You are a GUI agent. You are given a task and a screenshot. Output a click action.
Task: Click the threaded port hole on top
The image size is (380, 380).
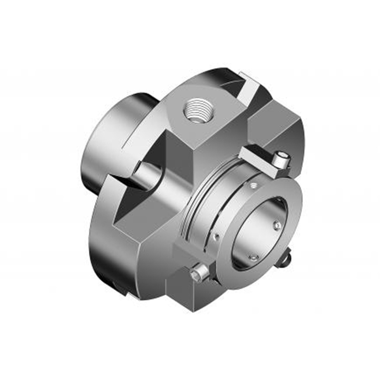197,110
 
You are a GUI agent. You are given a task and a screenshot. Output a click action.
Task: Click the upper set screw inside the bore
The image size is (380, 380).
277,224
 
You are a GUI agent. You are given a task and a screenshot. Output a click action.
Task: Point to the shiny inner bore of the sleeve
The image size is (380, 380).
259,228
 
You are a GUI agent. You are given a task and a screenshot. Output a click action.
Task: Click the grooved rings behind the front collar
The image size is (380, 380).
199,204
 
